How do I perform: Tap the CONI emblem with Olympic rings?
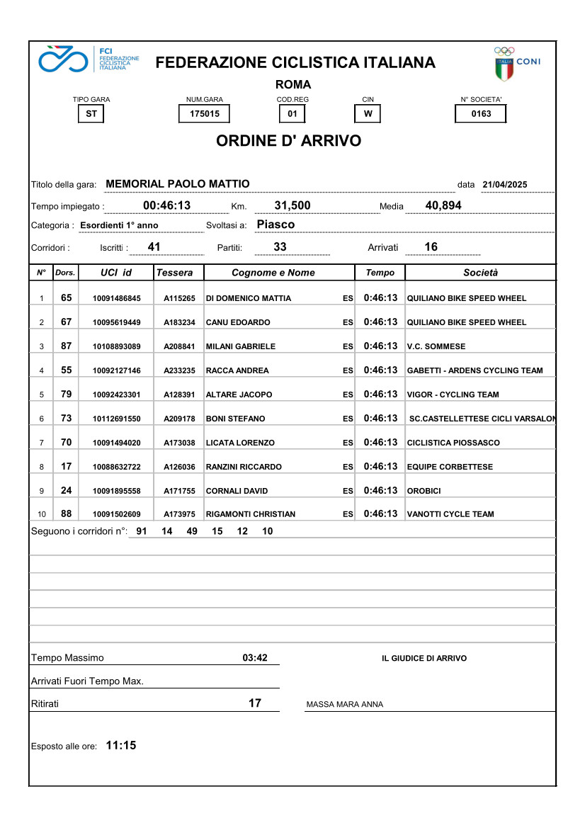[x=516, y=64]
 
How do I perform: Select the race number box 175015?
[x=204, y=114]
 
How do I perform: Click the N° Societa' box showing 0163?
[x=480, y=114]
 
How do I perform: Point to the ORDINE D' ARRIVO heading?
[x=288, y=141]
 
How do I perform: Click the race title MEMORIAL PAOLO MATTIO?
[x=177, y=184]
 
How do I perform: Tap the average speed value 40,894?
[x=443, y=205]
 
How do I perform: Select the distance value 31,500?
[x=292, y=205]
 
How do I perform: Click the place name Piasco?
[x=276, y=225]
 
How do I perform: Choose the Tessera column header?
[x=174, y=273]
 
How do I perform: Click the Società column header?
[x=480, y=273]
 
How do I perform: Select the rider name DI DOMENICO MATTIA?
[x=248, y=298]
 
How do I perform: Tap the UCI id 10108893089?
[x=117, y=346]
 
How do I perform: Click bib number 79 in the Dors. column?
[x=66, y=394]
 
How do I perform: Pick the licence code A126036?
[x=179, y=467]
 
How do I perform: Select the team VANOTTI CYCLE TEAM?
[x=450, y=514]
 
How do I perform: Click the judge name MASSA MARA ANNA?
[x=344, y=705]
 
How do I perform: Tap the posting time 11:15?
[x=120, y=746]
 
